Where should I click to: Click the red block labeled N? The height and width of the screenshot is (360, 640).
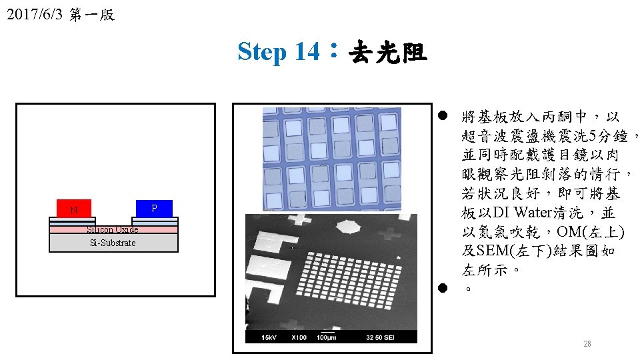click(74, 209)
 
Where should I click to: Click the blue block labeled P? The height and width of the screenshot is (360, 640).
click(154, 208)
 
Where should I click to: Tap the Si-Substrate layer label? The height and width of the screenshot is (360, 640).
click(113, 243)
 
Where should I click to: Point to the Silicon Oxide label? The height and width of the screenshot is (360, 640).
click(113, 229)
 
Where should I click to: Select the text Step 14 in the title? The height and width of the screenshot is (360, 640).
click(278, 51)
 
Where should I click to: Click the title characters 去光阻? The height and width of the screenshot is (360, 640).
click(387, 51)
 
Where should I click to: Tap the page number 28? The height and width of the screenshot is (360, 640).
click(587, 344)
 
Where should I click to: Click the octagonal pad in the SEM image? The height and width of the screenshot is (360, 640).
click(347, 227)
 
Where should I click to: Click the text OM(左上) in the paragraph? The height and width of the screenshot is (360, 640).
click(591, 232)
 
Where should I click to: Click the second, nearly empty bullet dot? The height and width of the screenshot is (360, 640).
click(441, 288)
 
